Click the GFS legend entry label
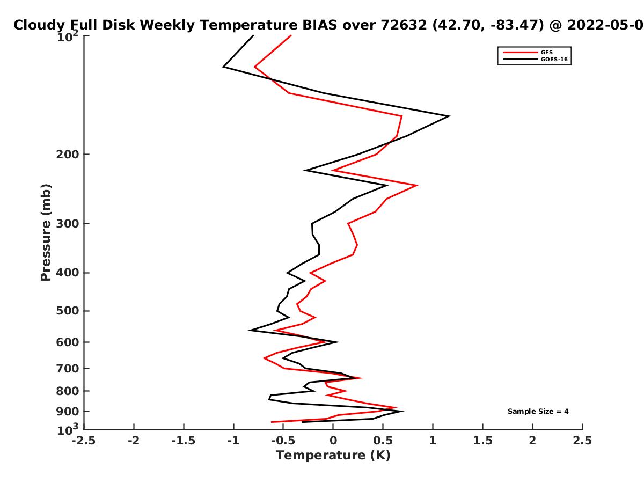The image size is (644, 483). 546,52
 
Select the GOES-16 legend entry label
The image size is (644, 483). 554,59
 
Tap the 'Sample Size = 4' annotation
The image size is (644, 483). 538,411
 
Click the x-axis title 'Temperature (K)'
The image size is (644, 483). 333,455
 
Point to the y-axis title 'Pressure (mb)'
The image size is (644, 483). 46,232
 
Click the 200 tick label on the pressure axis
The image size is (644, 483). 68,154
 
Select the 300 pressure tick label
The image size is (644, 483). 68,224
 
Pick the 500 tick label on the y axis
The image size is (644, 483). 68,311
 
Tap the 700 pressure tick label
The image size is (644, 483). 68,368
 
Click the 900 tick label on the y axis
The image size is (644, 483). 68,412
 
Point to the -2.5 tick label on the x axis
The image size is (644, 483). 84,441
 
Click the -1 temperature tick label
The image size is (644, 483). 233,441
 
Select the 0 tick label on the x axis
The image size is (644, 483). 333,441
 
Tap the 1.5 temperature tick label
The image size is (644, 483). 482,441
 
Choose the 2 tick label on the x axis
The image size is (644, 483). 532,441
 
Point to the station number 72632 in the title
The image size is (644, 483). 404,25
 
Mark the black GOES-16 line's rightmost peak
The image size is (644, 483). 449,116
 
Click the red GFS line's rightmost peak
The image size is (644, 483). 417,185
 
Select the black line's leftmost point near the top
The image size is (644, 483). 224,67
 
